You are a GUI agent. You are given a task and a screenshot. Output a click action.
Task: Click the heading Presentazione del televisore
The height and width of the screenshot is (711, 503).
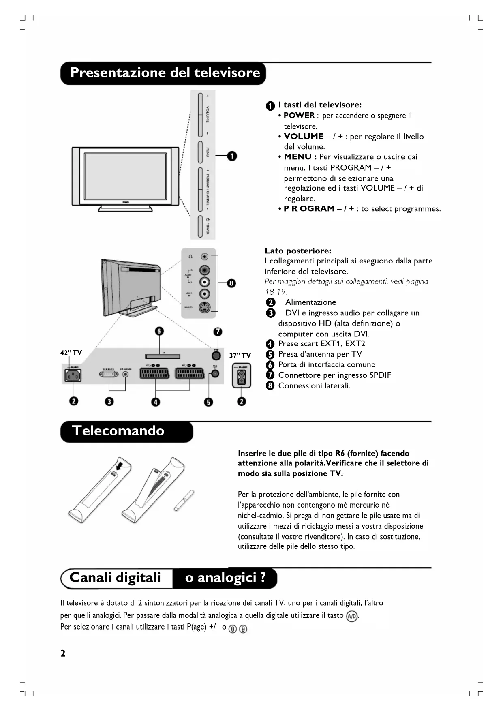(x=165, y=73)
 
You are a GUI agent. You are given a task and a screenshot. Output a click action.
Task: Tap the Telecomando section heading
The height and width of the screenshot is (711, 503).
(x=118, y=430)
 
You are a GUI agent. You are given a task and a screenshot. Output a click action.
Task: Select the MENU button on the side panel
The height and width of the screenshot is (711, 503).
(x=201, y=152)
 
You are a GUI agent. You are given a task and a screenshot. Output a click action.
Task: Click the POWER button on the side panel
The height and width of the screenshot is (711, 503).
(x=201, y=226)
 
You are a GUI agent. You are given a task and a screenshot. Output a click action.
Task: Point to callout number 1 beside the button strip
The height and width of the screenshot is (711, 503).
(x=232, y=156)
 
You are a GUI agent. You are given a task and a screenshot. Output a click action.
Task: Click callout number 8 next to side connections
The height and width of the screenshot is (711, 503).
(x=231, y=283)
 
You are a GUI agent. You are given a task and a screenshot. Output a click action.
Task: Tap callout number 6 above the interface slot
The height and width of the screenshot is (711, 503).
(x=159, y=331)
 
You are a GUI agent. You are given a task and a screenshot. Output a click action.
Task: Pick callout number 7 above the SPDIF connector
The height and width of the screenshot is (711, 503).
(x=218, y=331)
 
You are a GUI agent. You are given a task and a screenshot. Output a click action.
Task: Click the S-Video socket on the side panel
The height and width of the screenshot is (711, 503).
(x=205, y=307)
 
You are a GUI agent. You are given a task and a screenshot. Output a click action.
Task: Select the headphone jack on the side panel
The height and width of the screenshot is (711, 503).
(x=205, y=257)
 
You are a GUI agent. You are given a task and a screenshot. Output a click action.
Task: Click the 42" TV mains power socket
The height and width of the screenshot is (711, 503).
(x=73, y=376)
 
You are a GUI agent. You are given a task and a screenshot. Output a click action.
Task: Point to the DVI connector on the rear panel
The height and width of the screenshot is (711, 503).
(x=109, y=374)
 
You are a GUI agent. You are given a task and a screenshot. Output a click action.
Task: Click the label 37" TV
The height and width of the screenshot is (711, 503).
(x=240, y=355)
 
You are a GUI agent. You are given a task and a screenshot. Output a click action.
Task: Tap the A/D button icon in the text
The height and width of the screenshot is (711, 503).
(x=352, y=617)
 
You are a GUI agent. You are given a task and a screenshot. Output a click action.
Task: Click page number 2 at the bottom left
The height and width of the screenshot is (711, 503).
(x=63, y=653)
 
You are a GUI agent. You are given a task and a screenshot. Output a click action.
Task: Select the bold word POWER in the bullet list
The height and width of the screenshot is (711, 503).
(x=299, y=116)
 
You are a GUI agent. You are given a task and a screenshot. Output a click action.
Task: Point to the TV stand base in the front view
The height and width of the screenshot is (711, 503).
(x=126, y=209)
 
